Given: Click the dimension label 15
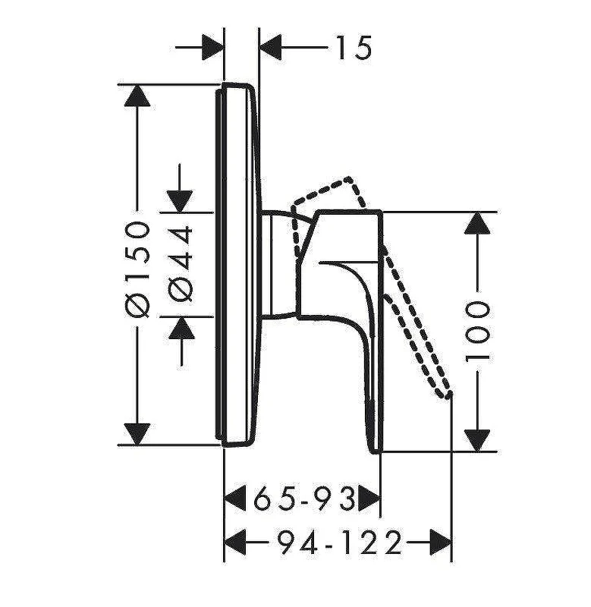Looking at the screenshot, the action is (x=354, y=48).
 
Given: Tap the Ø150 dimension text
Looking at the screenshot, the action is (x=138, y=269).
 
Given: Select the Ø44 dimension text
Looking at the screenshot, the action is (x=180, y=264).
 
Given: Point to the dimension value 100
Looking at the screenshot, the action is (x=478, y=332).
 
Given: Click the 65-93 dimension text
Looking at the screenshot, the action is (x=304, y=498).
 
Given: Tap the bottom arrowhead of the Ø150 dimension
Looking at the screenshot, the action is (x=137, y=434).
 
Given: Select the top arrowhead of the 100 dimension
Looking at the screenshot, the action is (x=477, y=222).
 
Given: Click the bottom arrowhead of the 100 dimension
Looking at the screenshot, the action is (x=477, y=441).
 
